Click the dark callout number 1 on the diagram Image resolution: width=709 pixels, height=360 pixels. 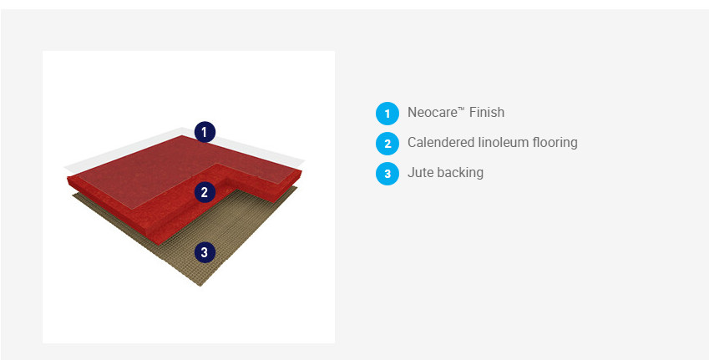point(205,132)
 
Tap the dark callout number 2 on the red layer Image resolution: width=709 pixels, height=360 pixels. point(205,192)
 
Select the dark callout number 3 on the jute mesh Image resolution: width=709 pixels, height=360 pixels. point(205,252)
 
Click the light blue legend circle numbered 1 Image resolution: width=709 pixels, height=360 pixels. point(387,113)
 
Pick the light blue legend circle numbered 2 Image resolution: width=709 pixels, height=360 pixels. point(387,144)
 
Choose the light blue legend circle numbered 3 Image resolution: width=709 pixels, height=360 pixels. point(387,174)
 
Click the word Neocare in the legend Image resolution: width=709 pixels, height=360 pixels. point(433,112)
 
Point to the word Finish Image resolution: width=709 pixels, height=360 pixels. point(487,112)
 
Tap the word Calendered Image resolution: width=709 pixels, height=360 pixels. point(441,143)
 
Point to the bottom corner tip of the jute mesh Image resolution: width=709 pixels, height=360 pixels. point(200,286)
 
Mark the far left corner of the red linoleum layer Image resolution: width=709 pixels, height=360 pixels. point(68,177)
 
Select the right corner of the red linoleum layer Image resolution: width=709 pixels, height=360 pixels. point(301,171)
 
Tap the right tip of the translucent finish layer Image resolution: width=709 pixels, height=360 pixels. point(304,161)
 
